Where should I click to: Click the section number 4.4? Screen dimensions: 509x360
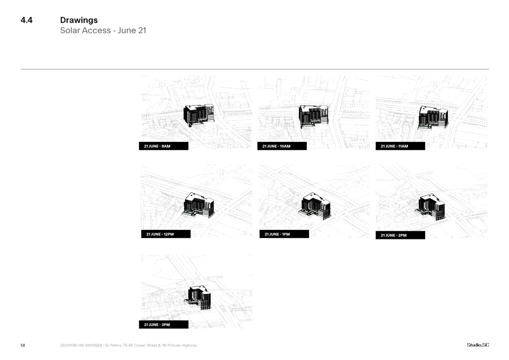(x=26, y=20)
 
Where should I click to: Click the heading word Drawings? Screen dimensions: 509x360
(x=79, y=20)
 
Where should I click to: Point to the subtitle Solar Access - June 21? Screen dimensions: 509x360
(x=103, y=31)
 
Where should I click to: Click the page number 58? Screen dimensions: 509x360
(x=23, y=345)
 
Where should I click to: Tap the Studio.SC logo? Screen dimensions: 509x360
(x=477, y=345)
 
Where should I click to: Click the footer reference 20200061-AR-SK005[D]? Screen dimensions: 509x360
(x=81, y=345)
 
